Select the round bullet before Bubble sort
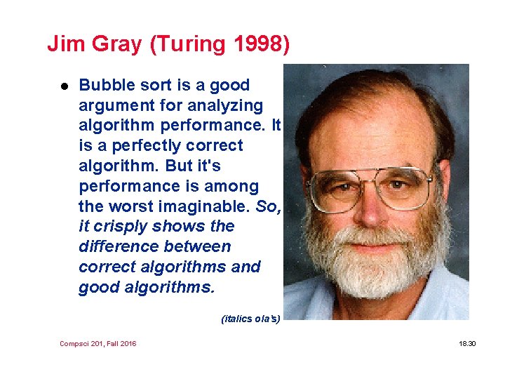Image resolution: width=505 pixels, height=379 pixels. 63,86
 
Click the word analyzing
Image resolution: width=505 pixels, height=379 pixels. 228,106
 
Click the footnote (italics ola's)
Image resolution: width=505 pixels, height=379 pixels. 250,319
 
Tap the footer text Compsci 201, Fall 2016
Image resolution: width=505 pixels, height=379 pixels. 98,344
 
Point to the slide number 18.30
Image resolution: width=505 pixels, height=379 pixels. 467,344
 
